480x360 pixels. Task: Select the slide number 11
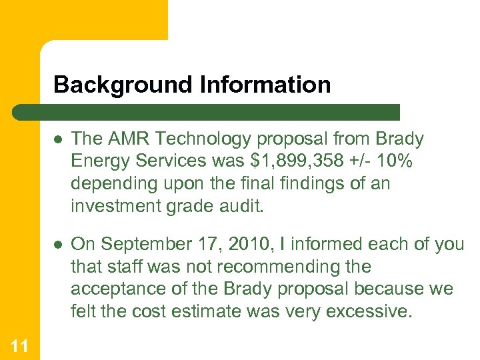[19, 345]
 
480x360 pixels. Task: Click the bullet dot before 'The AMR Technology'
[59, 139]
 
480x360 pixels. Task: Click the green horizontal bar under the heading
[207, 112]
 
